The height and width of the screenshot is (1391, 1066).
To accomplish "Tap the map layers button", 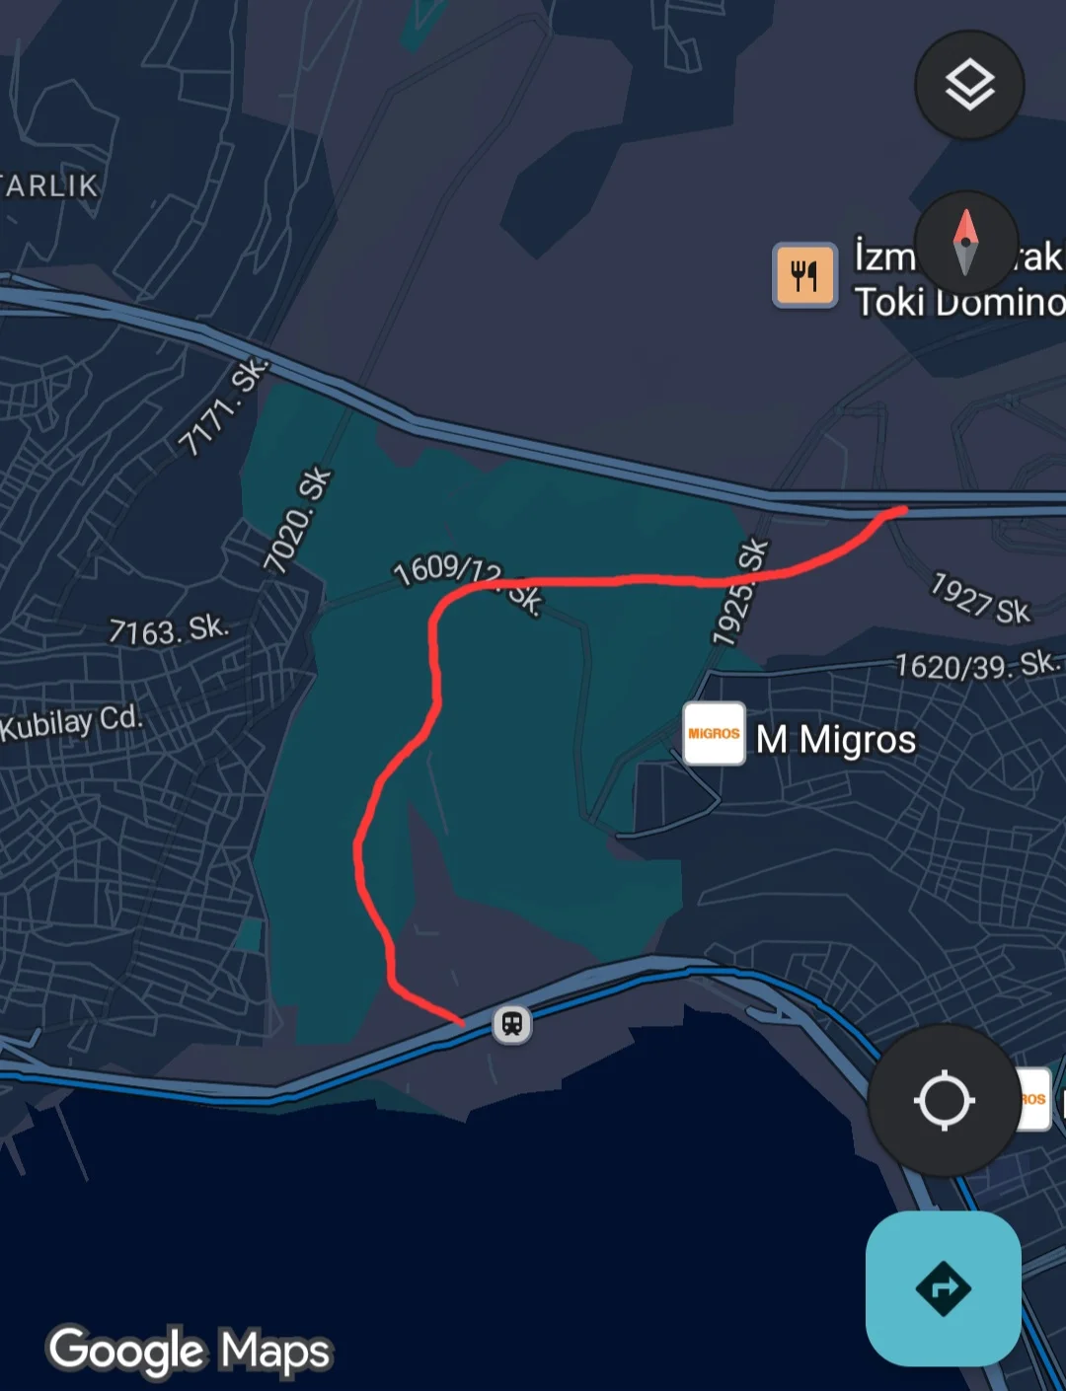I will pyautogui.click(x=969, y=85).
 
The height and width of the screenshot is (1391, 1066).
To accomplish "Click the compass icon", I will pyautogui.click(x=965, y=243).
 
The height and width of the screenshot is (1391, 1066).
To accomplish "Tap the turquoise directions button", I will pyautogui.click(x=943, y=1288).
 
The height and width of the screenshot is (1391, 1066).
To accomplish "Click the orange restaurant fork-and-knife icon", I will pyautogui.click(x=804, y=275).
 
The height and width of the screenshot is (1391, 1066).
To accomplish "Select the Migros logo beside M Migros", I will pyautogui.click(x=714, y=734).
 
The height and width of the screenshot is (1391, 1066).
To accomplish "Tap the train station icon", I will pyautogui.click(x=511, y=1024).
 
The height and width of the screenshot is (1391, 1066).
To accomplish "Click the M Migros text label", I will pyautogui.click(x=836, y=740).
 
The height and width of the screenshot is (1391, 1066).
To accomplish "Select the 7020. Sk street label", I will pyautogui.click(x=298, y=520).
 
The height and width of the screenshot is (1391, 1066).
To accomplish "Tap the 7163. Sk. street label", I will pyautogui.click(x=169, y=629).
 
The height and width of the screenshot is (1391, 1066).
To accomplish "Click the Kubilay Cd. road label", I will pyautogui.click(x=71, y=722).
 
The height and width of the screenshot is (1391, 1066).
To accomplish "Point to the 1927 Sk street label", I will pyautogui.click(x=980, y=599).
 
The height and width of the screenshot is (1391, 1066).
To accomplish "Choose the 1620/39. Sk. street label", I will pyautogui.click(x=978, y=666).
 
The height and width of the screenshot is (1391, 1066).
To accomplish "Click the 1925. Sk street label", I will pyautogui.click(x=740, y=592).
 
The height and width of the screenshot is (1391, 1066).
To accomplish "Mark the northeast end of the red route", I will pyautogui.click(x=903, y=510).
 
